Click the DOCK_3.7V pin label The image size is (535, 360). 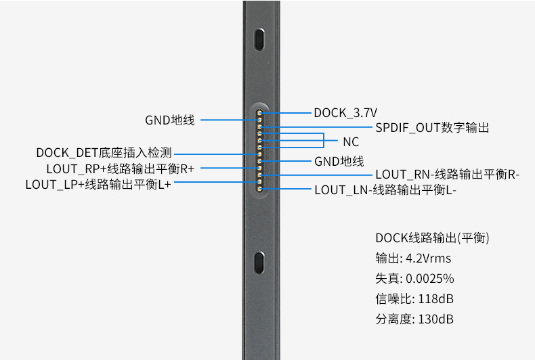[345, 113]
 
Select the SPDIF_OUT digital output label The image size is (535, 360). [432, 127]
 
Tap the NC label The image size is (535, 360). [351, 142]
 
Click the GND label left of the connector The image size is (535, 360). [169, 120]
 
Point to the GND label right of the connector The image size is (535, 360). [339, 161]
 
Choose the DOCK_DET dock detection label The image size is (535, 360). [104, 152]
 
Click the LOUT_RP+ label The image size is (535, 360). [120, 168]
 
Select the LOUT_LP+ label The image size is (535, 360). [98, 184]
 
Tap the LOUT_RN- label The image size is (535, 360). [447, 174]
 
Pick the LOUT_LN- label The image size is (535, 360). [385, 190]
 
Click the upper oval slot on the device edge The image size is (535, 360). [259, 39]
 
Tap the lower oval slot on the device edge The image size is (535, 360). [259, 263]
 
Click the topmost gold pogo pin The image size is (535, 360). [259, 113]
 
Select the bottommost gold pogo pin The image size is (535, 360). [259, 189]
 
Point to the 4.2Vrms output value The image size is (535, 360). [428, 258]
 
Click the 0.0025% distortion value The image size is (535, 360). [429, 279]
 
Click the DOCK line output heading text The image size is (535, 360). [432, 238]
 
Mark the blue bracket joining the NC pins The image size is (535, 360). [324, 141]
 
